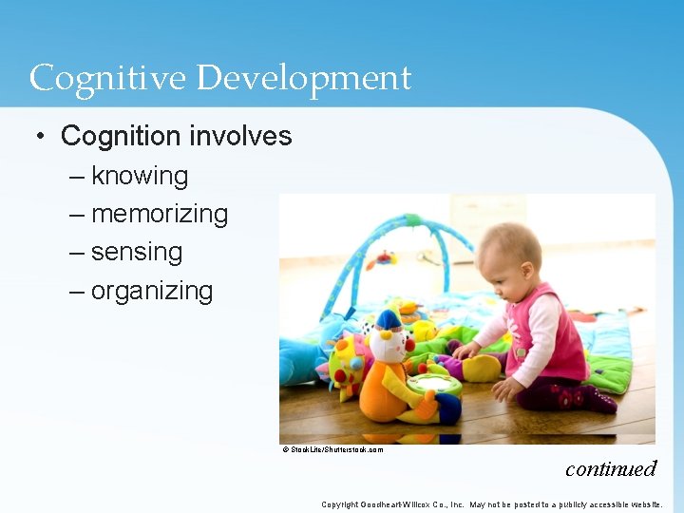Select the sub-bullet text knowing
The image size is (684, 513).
pos(140,176)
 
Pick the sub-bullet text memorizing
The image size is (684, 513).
pos(160,214)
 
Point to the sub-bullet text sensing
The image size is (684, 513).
pos(137,252)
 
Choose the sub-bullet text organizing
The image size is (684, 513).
pos(152,291)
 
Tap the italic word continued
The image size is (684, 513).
pos(610,468)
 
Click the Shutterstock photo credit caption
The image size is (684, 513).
pos(332,449)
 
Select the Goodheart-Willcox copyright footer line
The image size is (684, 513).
pos(491,504)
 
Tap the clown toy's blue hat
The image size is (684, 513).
pos(388,320)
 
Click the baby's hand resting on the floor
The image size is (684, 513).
pos(504,389)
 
